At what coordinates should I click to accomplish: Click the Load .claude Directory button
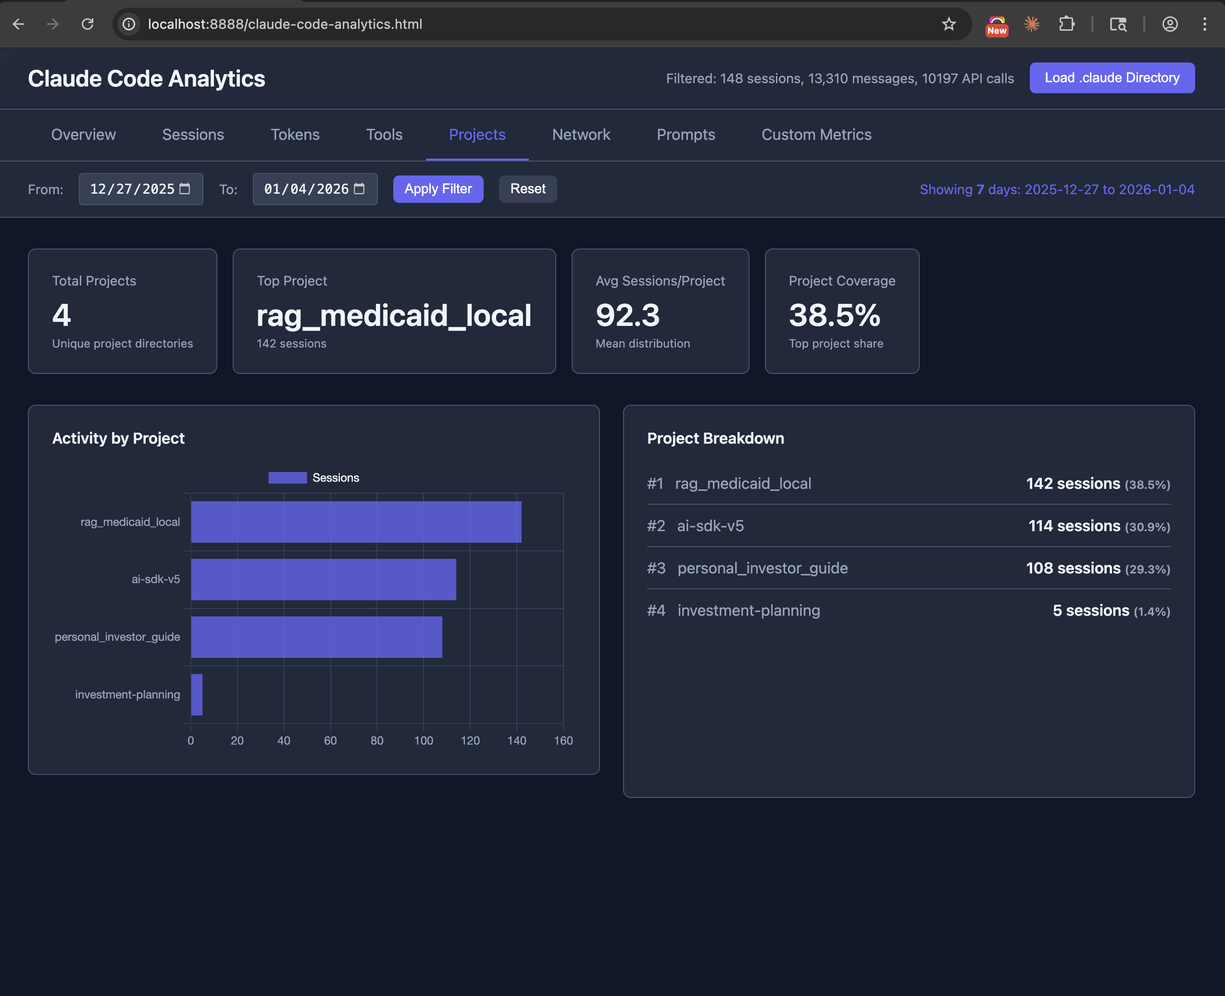(1112, 78)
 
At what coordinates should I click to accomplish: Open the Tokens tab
(295, 135)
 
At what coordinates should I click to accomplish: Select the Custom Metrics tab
(816, 135)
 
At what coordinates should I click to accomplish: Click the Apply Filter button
(438, 189)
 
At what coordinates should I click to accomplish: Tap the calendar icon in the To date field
(359, 189)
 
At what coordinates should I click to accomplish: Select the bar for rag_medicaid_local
(356, 522)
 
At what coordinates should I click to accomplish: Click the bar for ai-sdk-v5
(323, 579)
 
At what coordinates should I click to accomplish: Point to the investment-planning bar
(196, 694)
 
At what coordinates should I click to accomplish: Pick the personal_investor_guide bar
(316, 637)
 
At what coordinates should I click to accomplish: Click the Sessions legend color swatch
(287, 478)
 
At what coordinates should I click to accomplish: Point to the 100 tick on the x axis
(424, 741)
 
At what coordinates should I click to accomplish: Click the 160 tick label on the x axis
(563, 741)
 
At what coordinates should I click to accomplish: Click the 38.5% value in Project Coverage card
(834, 315)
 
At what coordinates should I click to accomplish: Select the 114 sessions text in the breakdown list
(1074, 526)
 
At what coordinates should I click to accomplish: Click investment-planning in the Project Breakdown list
(748, 610)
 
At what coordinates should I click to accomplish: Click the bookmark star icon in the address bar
(949, 24)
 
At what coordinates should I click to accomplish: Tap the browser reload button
(87, 24)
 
